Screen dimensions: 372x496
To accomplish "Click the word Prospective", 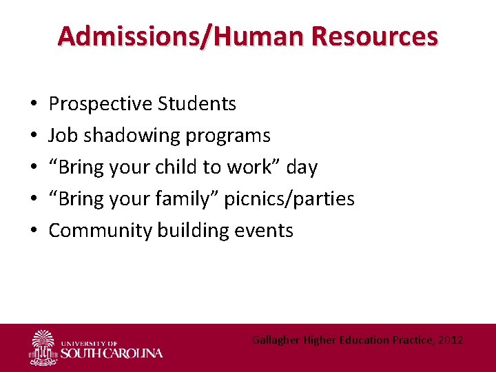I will coord(101,104).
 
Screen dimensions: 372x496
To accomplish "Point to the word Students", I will coord(197,104).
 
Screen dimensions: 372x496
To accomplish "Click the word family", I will coord(187,199).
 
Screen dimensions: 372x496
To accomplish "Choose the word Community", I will coord(101,231).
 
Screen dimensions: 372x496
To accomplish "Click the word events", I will coord(265,231).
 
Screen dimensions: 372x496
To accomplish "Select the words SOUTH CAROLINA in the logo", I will coord(112,353).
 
